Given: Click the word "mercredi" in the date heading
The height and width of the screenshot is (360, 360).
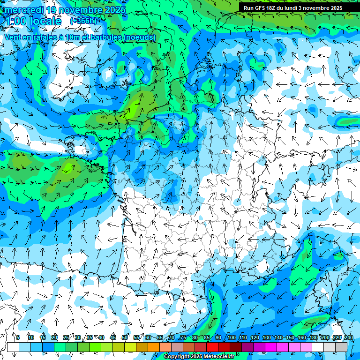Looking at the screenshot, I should (x=22, y=10).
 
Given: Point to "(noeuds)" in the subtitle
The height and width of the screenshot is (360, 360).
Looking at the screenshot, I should (x=139, y=37).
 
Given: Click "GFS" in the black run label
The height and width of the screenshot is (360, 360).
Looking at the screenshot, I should (x=260, y=8).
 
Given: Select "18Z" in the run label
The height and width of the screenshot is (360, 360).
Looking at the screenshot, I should (x=274, y=8).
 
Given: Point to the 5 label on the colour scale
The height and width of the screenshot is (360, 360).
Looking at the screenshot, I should (x=18, y=337).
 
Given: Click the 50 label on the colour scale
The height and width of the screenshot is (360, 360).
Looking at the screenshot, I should (x=125, y=337).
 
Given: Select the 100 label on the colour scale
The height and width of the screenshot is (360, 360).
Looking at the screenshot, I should (x=232, y=337).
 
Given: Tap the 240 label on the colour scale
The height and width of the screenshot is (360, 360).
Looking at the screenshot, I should (x=349, y=337).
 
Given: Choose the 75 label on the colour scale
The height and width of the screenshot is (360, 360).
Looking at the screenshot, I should (x=183, y=337).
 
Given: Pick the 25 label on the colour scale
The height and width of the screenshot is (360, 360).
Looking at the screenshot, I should (x=66, y=337).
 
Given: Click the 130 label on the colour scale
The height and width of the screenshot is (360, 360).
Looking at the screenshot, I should (x=267, y=337).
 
